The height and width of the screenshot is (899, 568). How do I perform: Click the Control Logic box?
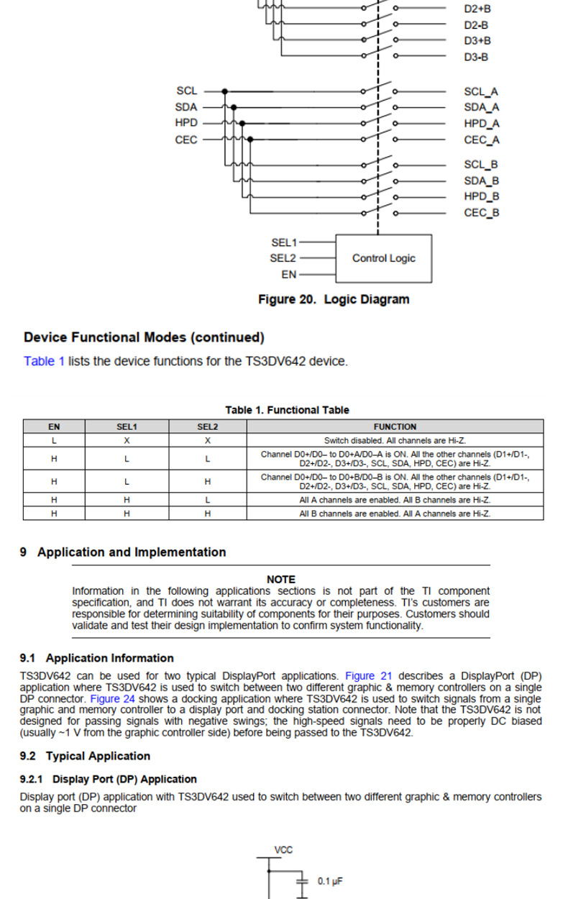[383, 258]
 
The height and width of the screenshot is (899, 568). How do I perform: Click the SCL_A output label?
[481, 91]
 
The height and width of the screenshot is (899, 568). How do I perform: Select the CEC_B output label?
[481, 212]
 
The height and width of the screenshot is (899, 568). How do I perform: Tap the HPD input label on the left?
[185, 123]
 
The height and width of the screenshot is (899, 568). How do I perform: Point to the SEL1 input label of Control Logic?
[284, 242]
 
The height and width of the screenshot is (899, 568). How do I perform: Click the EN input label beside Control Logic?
[288, 275]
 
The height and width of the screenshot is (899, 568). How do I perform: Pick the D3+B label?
[477, 41]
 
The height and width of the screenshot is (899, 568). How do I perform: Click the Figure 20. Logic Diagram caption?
[334, 300]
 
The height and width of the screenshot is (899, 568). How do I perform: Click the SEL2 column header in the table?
[207, 426]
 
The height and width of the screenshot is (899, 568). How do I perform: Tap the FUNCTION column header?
[395, 426]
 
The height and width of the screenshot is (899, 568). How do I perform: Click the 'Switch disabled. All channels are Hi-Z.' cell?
[395, 440]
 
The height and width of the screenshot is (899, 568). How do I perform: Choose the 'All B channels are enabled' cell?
[395, 514]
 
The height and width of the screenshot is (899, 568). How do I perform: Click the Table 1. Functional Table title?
[287, 410]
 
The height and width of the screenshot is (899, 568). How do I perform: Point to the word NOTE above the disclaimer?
[280, 579]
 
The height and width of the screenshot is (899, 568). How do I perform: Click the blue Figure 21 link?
[369, 676]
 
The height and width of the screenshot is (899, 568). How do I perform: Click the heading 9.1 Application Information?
[96, 658]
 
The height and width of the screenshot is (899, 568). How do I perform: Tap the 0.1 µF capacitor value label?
[329, 880]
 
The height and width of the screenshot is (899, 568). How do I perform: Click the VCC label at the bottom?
[283, 850]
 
